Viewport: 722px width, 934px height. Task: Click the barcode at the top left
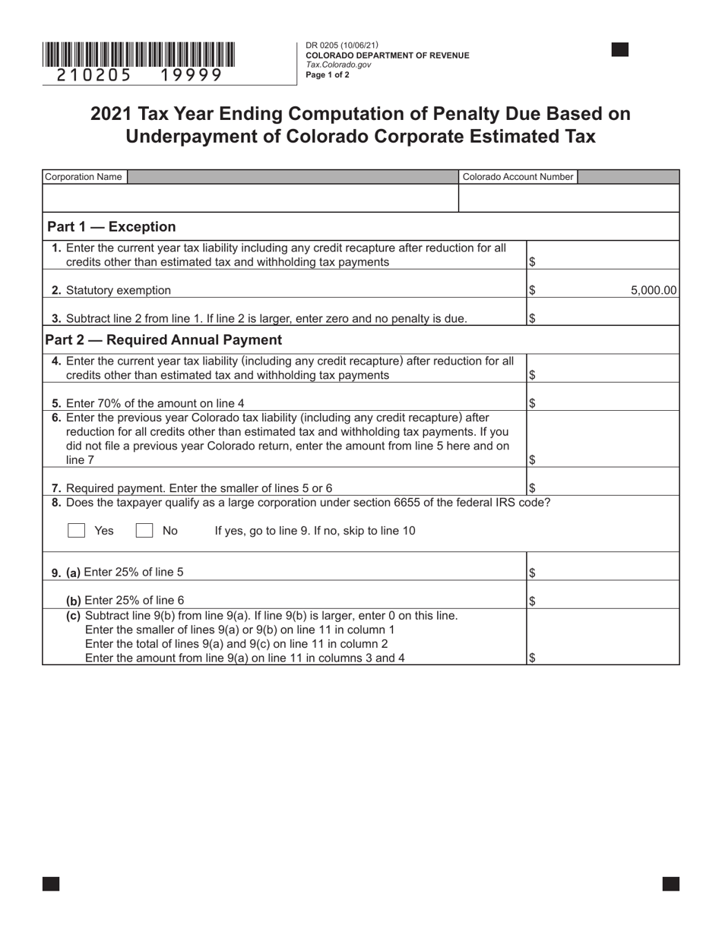tap(138, 55)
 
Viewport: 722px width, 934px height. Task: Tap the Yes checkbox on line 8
tap(76, 531)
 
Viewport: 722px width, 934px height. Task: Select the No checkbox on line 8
tap(144, 531)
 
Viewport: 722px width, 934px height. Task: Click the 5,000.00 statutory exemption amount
tap(654, 290)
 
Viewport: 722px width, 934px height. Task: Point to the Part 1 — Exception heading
tap(111, 227)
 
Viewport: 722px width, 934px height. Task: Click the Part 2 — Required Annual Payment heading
tap(163, 340)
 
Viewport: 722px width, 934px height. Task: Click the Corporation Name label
tap(84, 177)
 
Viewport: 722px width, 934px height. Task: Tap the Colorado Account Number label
tap(518, 177)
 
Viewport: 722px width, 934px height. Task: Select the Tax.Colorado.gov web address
tap(338, 65)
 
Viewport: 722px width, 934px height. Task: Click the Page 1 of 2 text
tap(328, 75)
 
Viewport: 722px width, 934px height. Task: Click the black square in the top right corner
tap(620, 50)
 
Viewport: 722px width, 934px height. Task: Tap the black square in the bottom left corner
tap(51, 883)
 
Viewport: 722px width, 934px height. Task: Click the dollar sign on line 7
tap(532, 488)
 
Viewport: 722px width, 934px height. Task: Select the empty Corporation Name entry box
tap(251, 198)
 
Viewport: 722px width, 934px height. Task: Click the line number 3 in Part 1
tap(55, 318)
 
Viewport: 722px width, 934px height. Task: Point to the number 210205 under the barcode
tap(95, 75)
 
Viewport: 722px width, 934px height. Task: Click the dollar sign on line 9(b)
tap(532, 601)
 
